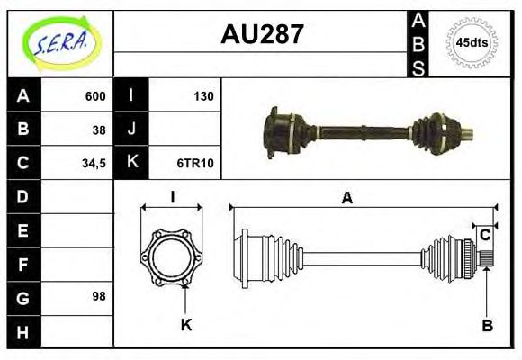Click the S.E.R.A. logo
tap(59, 42)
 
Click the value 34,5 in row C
tap(94, 163)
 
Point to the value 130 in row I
tap(203, 96)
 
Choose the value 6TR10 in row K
tap(195, 163)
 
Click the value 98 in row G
tap(99, 296)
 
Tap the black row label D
tap(23, 196)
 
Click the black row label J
tap(131, 130)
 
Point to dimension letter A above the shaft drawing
tap(346, 199)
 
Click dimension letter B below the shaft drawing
tap(487, 325)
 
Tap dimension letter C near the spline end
tap(485, 236)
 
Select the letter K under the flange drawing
tap(186, 325)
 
